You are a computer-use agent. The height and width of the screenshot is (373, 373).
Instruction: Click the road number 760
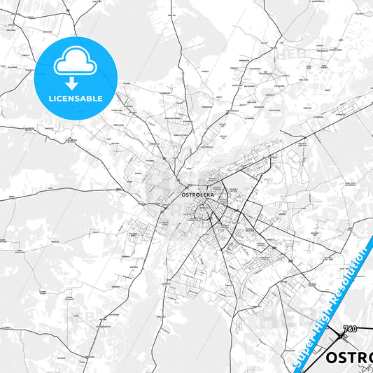[x=351, y=329]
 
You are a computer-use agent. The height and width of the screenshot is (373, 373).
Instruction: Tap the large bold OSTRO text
[x=349, y=358]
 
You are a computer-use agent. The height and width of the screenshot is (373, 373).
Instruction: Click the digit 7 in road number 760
[x=346, y=329]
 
